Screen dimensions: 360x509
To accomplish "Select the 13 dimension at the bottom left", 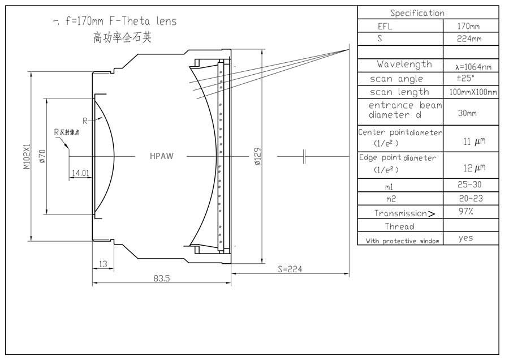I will click(102, 264).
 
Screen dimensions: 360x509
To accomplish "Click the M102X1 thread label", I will click(25, 156).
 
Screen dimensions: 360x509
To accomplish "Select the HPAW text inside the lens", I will click(162, 156).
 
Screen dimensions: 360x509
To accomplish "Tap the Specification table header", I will click(417, 13).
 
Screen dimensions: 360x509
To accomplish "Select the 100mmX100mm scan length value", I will click(471, 92).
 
